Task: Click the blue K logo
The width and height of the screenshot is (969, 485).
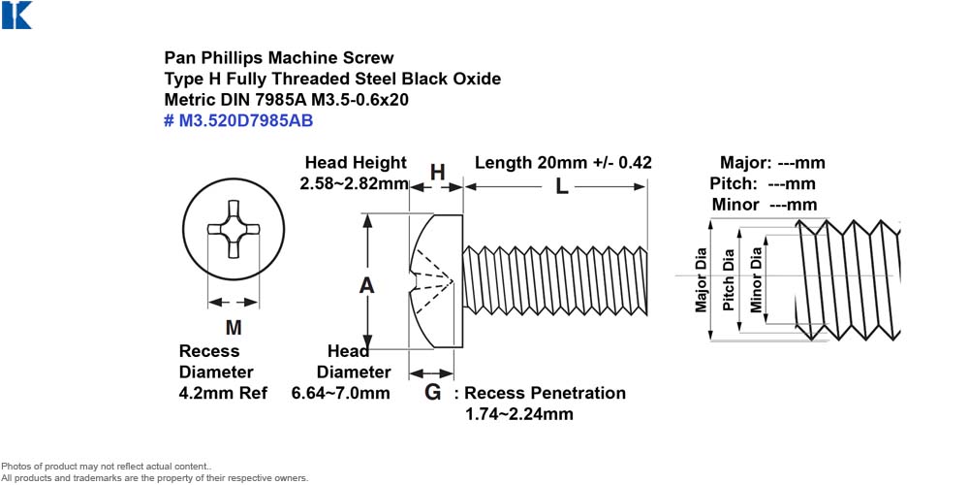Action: [x=16, y=15]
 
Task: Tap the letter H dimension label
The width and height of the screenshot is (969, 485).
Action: [x=438, y=173]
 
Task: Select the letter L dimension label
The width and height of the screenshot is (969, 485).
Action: [x=561, y=187]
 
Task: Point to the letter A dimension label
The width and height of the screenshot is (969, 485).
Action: [x=367, y=286]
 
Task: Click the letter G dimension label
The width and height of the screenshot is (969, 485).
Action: [x=432, y=392]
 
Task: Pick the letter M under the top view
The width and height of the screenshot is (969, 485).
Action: [x=234, y=327]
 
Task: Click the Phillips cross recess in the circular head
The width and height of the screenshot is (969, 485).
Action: [x=233, y=228]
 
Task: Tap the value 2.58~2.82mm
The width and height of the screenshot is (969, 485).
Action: [x=355, y=183]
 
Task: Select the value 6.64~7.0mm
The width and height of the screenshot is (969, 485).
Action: [x=340, y=393]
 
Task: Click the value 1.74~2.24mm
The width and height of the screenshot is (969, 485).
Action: [x=519, y=414]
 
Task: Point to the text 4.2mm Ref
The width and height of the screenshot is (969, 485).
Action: [x=223, y=393]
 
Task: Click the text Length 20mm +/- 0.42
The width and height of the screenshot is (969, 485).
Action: [x=563, y=163]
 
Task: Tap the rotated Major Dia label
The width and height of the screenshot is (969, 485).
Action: [x=701, y=280]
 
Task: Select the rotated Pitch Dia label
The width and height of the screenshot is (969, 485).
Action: [x=729, y=279]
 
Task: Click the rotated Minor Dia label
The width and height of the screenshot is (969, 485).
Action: [x=757, y=279]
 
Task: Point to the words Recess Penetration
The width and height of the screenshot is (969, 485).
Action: [x=545, y=393]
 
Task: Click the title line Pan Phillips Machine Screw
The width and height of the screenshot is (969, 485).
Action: [x=279, y=58]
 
